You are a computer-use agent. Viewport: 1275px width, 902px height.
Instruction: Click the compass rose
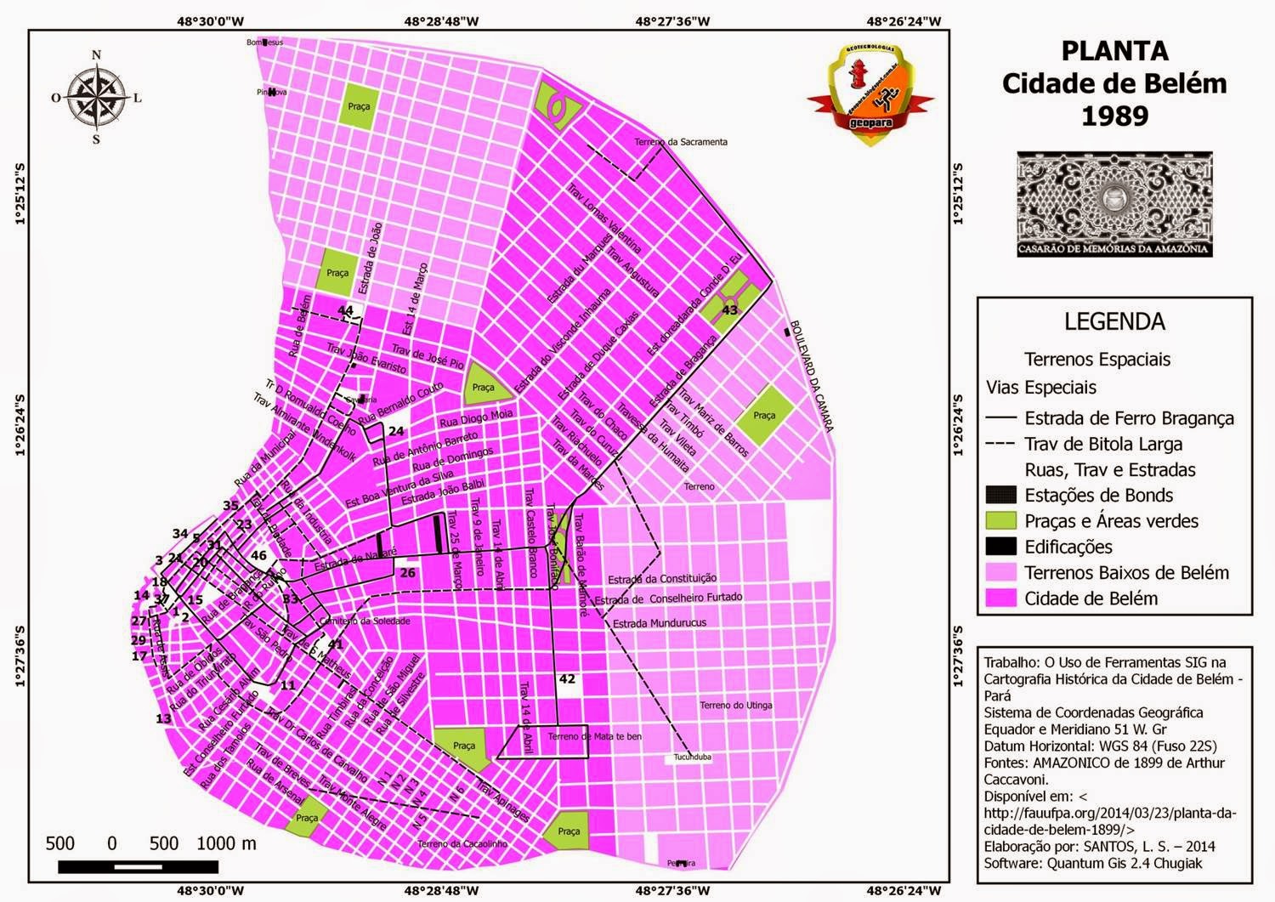click(96, 98)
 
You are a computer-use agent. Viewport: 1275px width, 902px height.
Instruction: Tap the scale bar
click(138, 866)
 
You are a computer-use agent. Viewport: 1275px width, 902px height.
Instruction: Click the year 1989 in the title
click(1113, 116)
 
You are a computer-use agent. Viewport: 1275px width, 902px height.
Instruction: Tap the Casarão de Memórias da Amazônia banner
click(1114, 204)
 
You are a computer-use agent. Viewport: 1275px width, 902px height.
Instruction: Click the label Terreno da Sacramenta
click(680, 142)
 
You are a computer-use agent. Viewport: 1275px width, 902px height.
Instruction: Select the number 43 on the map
click(730, 310)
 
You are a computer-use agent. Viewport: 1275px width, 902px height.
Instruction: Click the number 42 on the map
click(567, 678)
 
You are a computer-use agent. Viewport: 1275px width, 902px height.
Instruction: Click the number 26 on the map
click(408, 572)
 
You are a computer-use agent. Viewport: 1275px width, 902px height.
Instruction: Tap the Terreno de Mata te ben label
click(594, 736)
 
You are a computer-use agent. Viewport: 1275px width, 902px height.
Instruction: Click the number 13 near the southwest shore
click(163, 718)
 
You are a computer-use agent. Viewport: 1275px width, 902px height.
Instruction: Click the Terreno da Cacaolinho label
click(462, 844)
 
